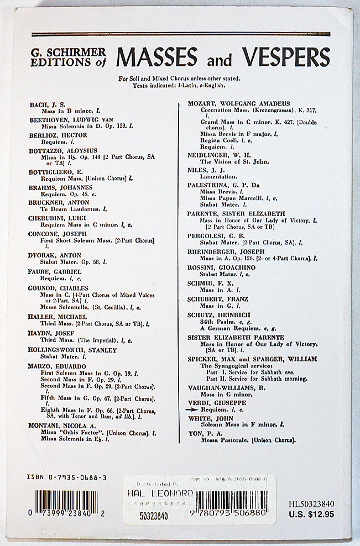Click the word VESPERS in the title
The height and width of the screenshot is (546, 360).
point(285,56)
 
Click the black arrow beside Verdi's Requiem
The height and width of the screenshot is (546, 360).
point(192,410)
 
